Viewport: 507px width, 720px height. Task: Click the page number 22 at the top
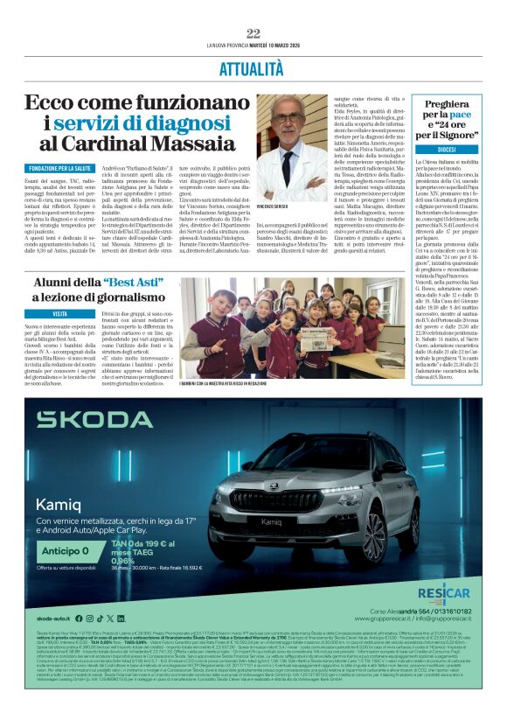[x=253, y=33]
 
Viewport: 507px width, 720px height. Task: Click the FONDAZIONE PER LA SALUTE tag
[x=59, y=167]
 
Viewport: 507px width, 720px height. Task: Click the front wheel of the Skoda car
[x=374, y=535]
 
